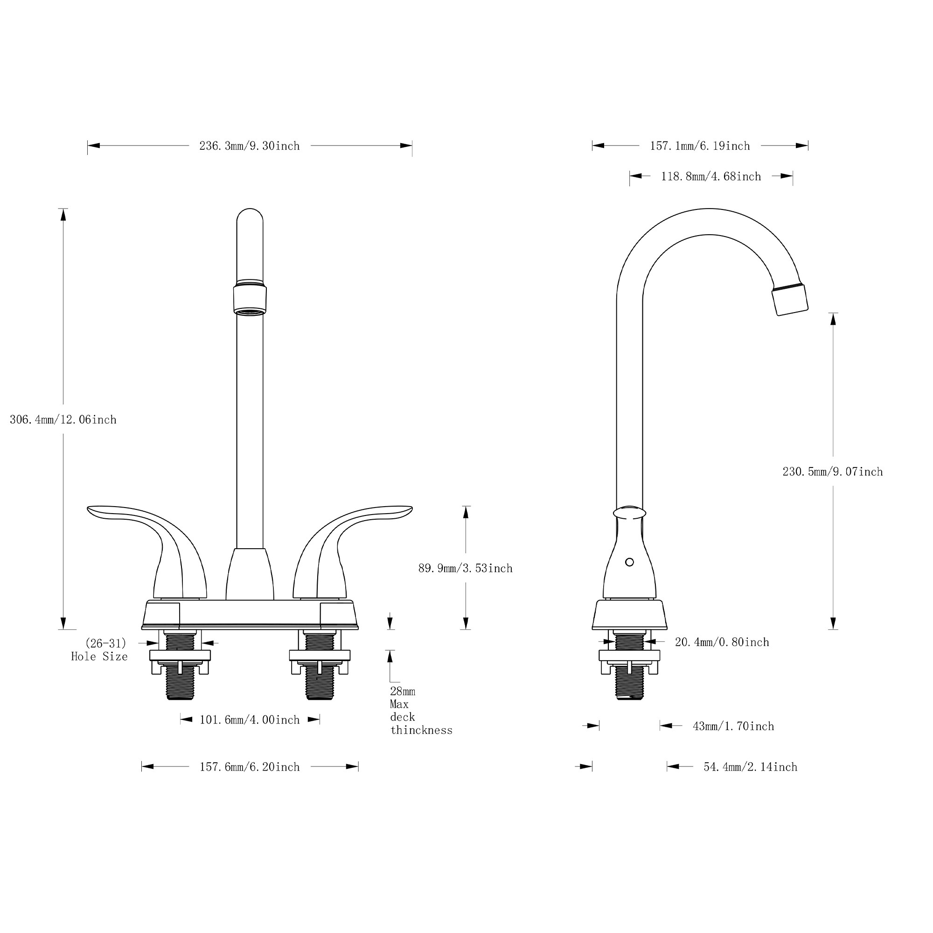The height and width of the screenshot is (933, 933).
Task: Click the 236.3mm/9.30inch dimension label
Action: tap(249, 146)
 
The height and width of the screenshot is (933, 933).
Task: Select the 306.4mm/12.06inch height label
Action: tap(63, 420)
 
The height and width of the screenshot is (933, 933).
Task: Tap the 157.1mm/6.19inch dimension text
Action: tap(700, 146)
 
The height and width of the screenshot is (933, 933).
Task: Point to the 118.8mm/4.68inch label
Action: tap(711, 177)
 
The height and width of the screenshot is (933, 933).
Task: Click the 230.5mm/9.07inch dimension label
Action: tap(833, 472)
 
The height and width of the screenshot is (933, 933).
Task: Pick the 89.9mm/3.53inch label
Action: tap(465, 568)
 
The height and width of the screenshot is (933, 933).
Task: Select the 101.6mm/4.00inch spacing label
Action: tap(250, 720)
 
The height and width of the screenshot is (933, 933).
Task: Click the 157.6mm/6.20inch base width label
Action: tap(250, 767)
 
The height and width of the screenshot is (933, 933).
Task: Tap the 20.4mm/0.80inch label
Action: tap(722, 642)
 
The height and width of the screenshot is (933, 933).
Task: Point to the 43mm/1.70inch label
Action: tap(733, 726)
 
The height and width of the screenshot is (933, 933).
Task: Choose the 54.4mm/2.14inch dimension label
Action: tap(750, 767)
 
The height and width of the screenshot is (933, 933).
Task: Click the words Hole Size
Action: tap(99, 657)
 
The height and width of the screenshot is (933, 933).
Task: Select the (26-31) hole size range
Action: tap(106, 643)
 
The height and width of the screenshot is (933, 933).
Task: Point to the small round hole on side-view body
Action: tap(629, 562)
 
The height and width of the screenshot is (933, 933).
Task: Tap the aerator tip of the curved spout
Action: tap(790, 300)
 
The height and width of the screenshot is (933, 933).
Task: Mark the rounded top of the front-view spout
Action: tap(250, 217)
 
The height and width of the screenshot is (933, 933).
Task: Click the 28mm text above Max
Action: tap(402, 691)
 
